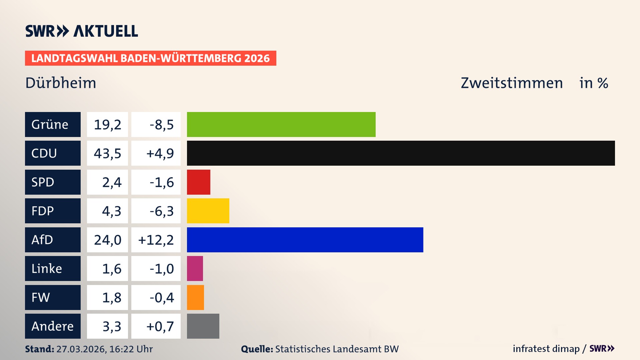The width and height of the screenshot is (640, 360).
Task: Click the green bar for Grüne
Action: click(281, 124)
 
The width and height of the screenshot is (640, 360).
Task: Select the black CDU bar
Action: click(401, 153)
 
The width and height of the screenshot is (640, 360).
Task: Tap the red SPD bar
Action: click(198, 182)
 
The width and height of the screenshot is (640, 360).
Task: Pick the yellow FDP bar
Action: click(208, 211)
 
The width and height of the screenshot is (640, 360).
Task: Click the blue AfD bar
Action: click(305, 240)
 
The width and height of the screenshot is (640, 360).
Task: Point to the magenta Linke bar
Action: click(195, 268)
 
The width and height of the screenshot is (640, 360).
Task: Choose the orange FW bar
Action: click(195, 297)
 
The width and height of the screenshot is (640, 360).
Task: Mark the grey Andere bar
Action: click(203, 326)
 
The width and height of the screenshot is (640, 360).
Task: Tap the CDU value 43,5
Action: click(107, 153)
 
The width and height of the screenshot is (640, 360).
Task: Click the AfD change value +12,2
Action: click(156, 240)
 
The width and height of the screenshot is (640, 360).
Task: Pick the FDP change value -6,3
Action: click(161, 211)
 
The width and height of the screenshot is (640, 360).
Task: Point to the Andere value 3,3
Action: click(112, 326)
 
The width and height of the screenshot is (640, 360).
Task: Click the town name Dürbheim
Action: click(61, 83)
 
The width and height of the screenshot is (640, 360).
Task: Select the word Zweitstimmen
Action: click(512, 83)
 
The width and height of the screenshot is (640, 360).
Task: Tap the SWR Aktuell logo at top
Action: click(82, 31)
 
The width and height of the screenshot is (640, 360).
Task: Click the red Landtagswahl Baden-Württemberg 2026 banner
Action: click(150, 58)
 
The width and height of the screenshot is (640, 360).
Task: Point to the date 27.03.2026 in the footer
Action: click(81, 349)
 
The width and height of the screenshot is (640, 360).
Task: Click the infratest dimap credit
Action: click(546, 349)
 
